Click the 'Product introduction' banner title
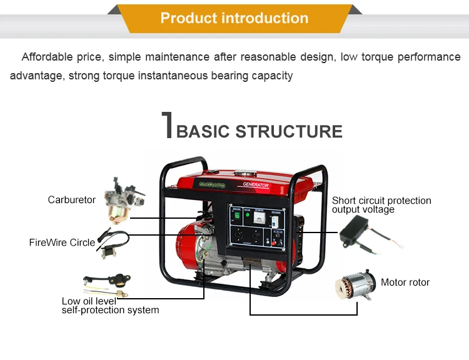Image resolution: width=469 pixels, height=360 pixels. coord(234,18)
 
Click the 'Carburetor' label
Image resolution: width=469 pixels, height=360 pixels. coord(72,200)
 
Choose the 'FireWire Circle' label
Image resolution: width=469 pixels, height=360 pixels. coord(62,242)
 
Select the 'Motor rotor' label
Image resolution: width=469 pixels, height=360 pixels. coord(405,282)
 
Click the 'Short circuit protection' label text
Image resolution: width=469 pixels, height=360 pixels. coord(381,201)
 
